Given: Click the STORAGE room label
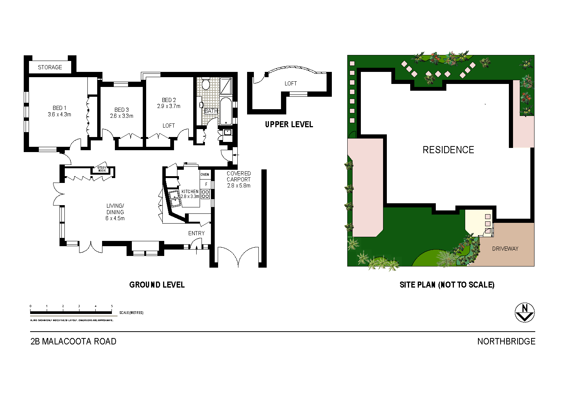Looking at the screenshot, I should point(50,67).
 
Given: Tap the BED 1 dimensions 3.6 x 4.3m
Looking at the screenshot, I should point(60,114).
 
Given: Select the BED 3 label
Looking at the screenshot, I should point(122,110).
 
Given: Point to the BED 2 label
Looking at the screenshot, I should point(169,100).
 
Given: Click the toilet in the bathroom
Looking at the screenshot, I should point(206,84).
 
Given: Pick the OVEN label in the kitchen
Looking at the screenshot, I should point(205,175).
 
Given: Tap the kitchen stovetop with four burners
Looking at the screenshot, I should point(205,194).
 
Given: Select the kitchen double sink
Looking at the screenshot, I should point(175,198).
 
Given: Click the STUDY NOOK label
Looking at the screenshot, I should point(102,169).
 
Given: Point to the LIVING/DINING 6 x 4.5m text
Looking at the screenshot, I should point(115,212).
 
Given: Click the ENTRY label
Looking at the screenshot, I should point(196,233).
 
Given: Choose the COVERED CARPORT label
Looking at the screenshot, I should point(238,177).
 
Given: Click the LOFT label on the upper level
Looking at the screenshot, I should point(290,84).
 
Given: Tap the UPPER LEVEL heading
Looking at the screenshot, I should point(289,125).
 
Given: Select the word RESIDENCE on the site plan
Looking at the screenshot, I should point(448,150).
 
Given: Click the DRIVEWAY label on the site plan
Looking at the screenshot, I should point(505,249).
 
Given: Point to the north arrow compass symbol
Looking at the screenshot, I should point(524,313).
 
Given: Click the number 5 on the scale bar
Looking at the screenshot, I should point(112,306).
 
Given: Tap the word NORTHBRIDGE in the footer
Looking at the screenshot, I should point(506,341).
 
